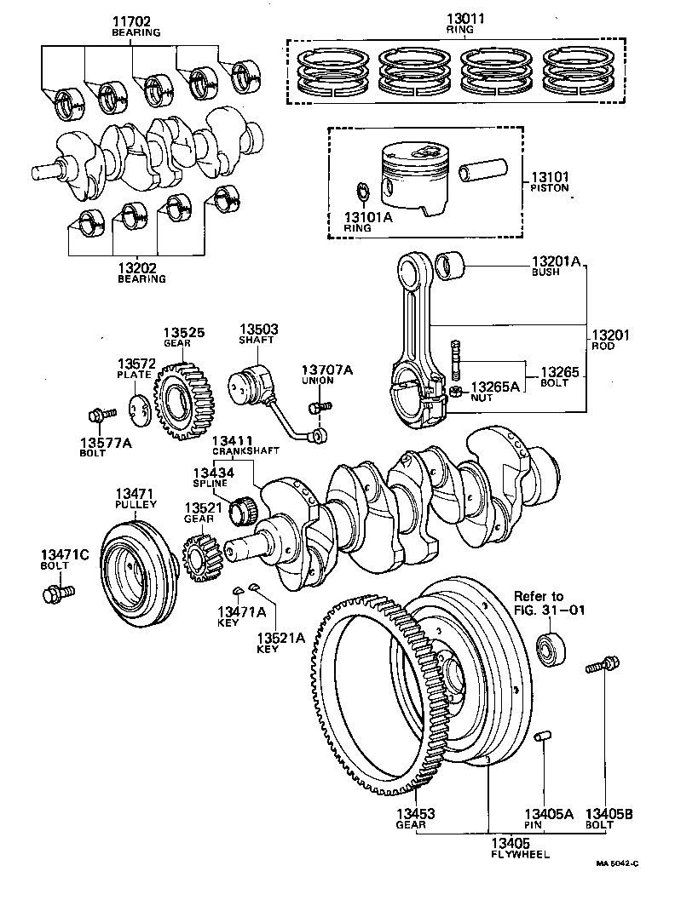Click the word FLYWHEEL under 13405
click(520, 853)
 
